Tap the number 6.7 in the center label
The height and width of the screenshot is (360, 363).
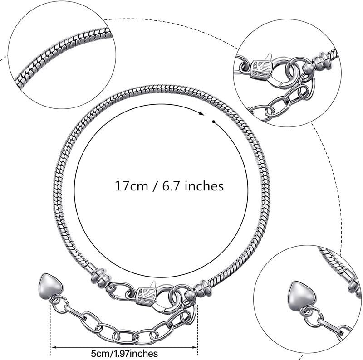pyautogui.click(x=167, y=185)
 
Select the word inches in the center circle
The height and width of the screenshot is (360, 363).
pyautogui.click(x=202, y=185)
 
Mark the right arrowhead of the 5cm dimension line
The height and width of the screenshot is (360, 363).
pyautogui.click(x=196, y=348)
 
